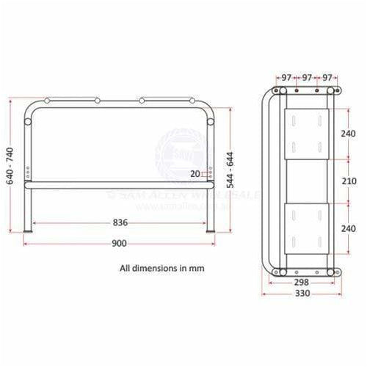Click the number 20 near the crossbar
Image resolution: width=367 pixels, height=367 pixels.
pos(195,174)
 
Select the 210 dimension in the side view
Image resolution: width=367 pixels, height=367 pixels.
pos(349,181)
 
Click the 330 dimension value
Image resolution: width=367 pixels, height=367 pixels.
pos(302,294)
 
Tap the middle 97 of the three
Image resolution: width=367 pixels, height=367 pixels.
pos(306,77)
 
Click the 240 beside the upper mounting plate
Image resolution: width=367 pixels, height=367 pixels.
pos(349,134)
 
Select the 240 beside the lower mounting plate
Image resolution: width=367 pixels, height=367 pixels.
pos(349,228)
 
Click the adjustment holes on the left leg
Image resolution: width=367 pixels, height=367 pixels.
pos(29,172)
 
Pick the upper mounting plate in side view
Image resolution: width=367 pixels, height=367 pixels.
pos(306,134)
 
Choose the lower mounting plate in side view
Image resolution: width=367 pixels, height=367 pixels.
pos(306,227)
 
